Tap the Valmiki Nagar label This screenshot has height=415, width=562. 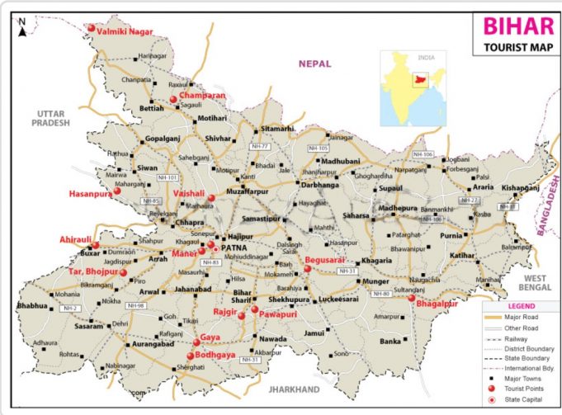click(125, 31)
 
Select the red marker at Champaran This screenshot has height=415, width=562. click(174, 100)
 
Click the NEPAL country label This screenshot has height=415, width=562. click(315, 64)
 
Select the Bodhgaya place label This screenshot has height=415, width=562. click(216, 355)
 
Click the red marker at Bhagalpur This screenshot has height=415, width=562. click(411, 299)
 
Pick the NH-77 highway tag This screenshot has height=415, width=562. click(265, 146)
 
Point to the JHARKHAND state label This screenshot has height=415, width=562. click(294, 389)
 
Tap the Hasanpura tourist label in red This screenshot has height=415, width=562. click(89, 194)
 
